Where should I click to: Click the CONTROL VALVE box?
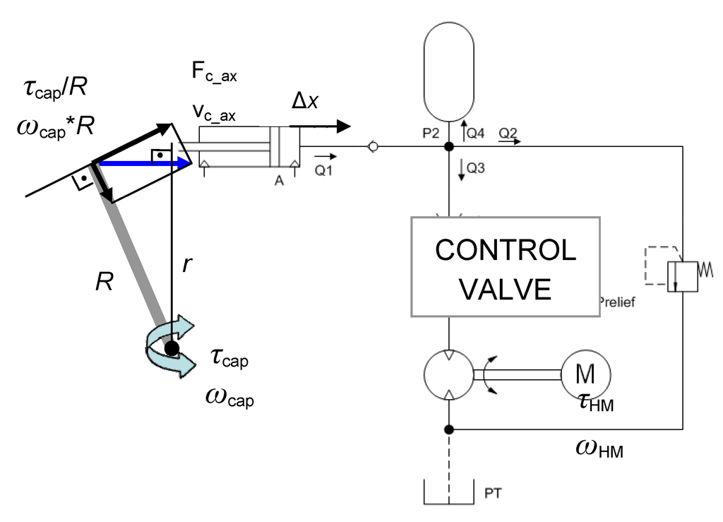point(505,266)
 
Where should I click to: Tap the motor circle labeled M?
point(586,374)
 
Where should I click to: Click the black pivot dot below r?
point(170,347)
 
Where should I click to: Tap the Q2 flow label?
point(508,132)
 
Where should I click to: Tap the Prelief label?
point(617,302)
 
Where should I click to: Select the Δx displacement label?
point(305,103)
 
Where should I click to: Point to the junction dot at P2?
point(448,147)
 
